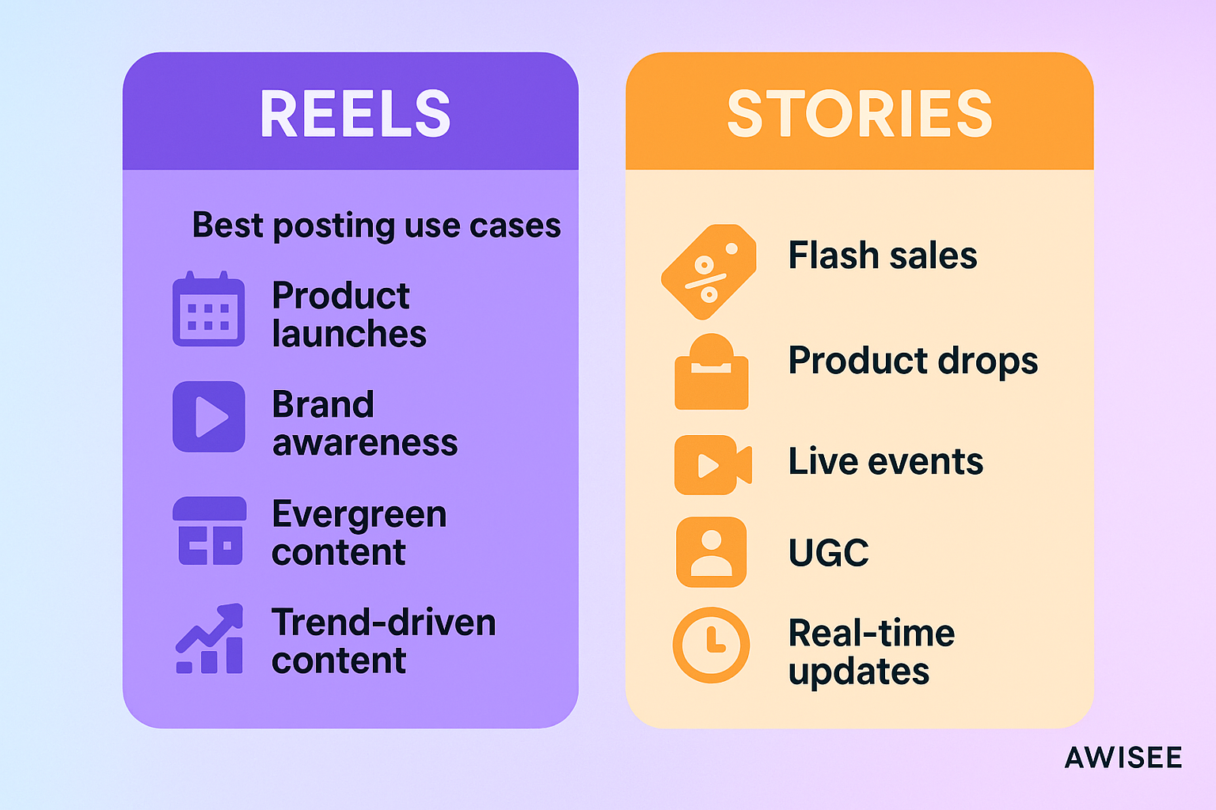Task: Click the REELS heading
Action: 355,114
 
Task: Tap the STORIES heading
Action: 859,114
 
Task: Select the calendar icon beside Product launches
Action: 208,309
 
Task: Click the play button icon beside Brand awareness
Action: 209,417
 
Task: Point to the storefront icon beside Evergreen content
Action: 210,531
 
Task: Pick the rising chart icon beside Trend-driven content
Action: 210,639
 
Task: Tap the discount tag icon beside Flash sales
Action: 709,271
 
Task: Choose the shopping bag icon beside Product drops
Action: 711,373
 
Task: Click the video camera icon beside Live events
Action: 712,465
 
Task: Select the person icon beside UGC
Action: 711,552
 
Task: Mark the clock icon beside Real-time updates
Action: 711,645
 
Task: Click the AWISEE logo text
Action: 1123,758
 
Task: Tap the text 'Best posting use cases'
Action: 376,225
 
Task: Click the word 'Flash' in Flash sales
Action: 834,255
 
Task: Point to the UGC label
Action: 828,552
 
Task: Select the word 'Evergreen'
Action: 359,515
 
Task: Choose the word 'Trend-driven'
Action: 383,623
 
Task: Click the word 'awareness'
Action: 364,443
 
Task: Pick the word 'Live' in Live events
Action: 823,461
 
